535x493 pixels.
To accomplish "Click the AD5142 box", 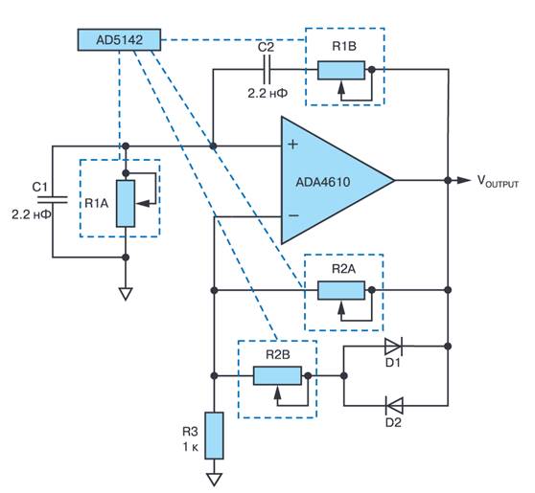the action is pos(119,40).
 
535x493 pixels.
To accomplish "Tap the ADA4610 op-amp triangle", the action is pos(328,180).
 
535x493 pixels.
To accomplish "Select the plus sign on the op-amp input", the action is pos(292,145).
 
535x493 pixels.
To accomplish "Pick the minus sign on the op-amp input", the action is pos(293,215).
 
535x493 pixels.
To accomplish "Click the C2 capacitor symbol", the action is pos(267,70).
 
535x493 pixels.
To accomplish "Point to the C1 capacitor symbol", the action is pos(52,200).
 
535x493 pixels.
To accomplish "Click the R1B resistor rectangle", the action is pos(341,70).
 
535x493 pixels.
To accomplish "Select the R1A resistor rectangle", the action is pos(126,203).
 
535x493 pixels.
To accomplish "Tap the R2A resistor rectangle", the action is pos(341,290).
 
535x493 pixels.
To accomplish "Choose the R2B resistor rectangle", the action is pos(277,376).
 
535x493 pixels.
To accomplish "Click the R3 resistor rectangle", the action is pos(214,436).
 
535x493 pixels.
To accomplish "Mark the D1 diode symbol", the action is pos(393,347).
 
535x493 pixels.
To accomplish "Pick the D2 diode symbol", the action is pos(394,406).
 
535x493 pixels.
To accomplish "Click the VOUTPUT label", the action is pos(498,181).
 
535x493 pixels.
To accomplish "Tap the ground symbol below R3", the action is pos(214,480).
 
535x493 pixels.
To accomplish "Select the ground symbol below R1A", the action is pos(126,295).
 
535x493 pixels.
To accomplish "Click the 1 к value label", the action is pos(191,447).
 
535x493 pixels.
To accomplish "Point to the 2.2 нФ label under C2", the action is pos(267,93).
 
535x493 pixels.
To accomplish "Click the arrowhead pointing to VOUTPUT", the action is pos(464,180).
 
